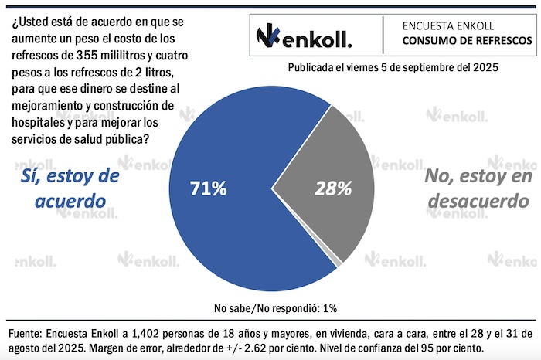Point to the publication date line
coord(393,68)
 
